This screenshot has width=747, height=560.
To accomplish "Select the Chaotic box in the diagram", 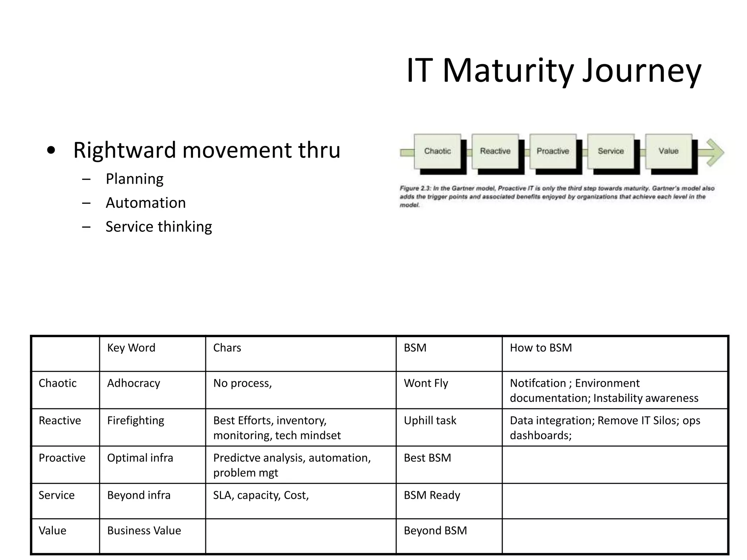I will tap(437, 151).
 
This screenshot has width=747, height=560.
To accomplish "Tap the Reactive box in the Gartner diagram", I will tap(495, 151).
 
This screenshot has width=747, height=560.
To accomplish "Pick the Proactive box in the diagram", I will tap(553, 151).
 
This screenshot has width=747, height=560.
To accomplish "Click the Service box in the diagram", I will tap(611, 151).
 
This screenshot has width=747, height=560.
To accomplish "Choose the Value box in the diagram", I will tap(668, 151).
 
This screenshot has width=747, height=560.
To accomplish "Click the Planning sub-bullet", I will tap(135, 179).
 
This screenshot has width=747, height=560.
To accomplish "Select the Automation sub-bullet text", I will tap(146, 203).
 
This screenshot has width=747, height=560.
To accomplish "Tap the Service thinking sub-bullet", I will tap(159, 227).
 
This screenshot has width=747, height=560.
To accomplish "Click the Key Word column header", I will tap(131, 348).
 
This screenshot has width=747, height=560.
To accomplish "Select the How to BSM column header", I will tap(541, 348).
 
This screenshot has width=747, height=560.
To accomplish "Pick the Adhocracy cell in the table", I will tap(133, 383).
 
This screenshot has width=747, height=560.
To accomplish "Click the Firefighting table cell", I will tap(136, 420).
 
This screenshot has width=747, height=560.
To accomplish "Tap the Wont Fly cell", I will tap(426, 383).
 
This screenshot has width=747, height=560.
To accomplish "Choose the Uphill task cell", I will tap(430, 420).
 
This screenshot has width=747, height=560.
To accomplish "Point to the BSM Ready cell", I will tap(432, 495).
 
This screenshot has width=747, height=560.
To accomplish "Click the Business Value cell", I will tap(144, 530).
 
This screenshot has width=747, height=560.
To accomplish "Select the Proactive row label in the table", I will tap(62, 458).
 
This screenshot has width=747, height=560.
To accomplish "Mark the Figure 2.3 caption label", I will tap(415, 188).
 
